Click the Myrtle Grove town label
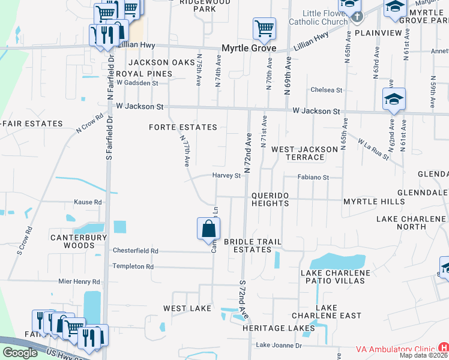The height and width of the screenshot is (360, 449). (x=249, y=48)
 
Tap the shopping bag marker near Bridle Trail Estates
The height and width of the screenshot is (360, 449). (x=208, y=229)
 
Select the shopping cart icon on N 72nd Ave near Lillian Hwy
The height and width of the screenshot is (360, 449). (x=264, y=28)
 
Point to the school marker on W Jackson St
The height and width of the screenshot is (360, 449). (x=394, y=99)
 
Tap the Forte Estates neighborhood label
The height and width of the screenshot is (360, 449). (x=183, y=127)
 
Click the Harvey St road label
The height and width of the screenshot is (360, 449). (x=226, y=176)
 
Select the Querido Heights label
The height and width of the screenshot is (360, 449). (x=270, y=200)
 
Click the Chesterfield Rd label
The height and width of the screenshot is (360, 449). (x=136, y=251)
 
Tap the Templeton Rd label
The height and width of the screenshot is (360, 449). (x=133, y=266)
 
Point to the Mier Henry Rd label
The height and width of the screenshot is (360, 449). (x=79, y=281)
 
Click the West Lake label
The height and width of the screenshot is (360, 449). (x=187, y=308)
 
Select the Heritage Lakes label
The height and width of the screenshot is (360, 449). (x=279, y=328)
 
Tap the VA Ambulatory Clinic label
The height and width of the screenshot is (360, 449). (x=395, y=349)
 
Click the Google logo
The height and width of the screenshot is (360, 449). (x=20, y=353)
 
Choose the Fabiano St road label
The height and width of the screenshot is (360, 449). (x=314, y=178)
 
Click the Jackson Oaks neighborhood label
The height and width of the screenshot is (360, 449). (x=153, y=62)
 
